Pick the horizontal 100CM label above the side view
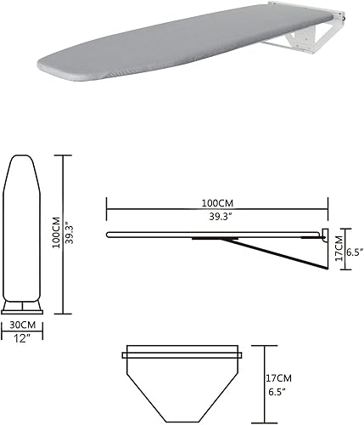tap(216, 204)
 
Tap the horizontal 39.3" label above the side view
tap(216, 218)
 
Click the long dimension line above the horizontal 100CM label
tap(216, 196)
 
